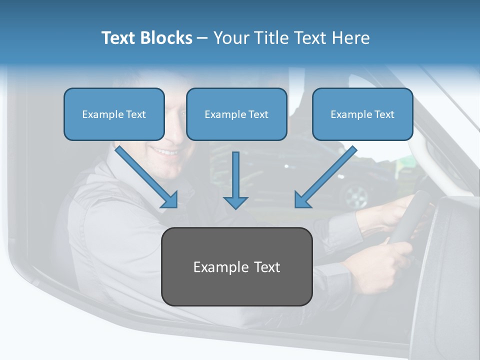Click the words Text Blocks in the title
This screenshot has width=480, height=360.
[x=146, y=38]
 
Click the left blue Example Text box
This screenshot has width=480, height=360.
[x=114, y=114]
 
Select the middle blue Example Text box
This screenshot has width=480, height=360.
[x=236, y=114]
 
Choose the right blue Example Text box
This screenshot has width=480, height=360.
[x=362, y=114]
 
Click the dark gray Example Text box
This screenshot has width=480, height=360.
[x=236, y=266]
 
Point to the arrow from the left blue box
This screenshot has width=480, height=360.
[x=145, y=176]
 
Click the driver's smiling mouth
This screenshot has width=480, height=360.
[x=165, y=150]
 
